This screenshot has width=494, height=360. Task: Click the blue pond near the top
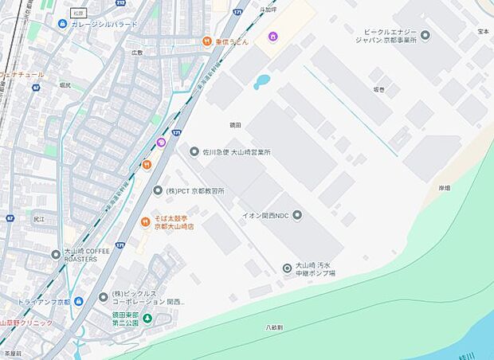[261, 81]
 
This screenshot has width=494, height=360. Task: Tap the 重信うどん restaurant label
[232, 41]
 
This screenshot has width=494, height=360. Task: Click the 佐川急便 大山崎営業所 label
[236, 151]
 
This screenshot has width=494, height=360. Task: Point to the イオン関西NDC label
[266, 214]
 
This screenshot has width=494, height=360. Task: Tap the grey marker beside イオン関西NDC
[297, 214]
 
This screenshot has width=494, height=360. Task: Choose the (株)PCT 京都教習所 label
[194, 191]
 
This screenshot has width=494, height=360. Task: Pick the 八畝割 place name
[275, 327]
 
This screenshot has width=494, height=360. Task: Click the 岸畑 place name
[444, 188]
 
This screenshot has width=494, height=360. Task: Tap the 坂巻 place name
[378, 89]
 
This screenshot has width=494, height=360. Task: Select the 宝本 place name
[483, 31]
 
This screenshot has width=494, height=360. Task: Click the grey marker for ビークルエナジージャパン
[425, 35]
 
